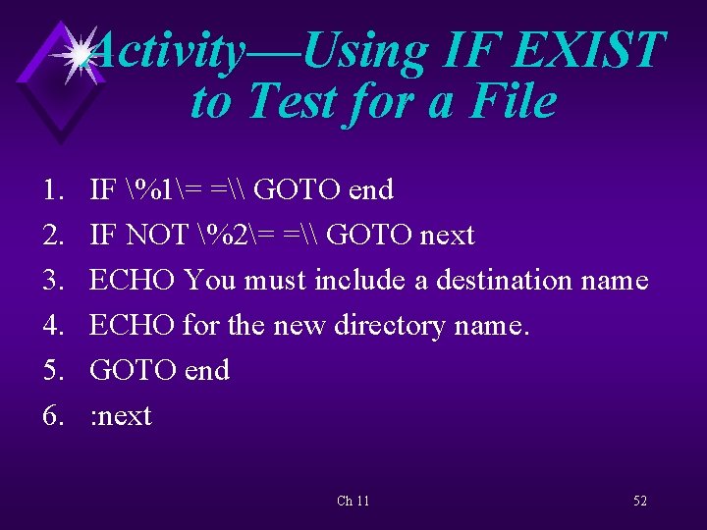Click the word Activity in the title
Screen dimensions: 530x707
[167, 51]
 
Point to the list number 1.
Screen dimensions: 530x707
[55, 189]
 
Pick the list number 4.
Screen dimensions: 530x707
[55, 326]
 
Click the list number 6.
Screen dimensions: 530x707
[55, 416]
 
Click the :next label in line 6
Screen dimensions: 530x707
[121, 416]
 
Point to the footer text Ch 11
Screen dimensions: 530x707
[353, 501]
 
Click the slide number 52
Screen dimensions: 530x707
[640, 501]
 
